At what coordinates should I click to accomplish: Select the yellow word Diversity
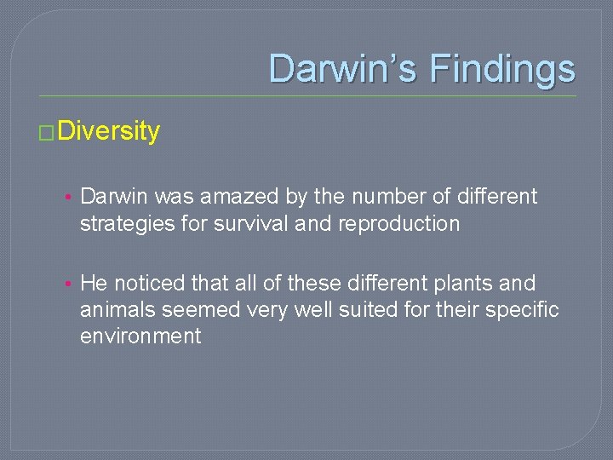108,132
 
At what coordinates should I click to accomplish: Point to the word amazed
232,197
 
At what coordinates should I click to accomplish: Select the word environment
140,336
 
